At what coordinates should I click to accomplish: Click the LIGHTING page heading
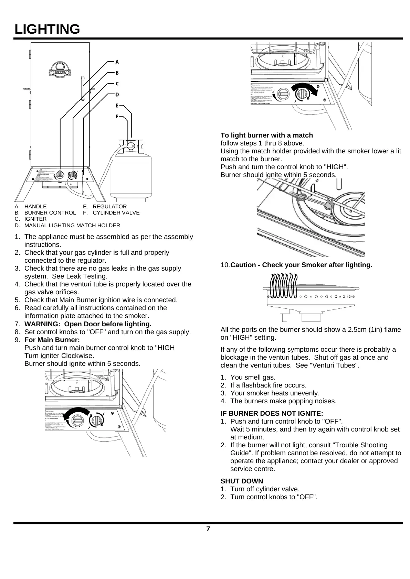47,29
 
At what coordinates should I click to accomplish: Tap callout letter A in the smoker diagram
117,62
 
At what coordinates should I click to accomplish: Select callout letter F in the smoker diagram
117,117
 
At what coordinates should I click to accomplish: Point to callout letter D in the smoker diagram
117,94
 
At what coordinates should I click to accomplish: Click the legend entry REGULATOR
109,206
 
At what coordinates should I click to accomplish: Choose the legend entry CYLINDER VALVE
116,213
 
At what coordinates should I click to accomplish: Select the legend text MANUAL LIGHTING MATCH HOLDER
72,226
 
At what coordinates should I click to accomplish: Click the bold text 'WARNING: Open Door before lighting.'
88,324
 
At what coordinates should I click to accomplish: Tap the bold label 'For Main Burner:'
52,340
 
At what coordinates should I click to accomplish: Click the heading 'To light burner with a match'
267,135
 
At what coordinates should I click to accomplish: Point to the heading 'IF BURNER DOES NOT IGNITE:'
272,413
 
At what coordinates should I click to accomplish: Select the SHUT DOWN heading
242,481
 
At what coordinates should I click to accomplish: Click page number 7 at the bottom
208,529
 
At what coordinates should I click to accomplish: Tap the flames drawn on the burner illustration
284,285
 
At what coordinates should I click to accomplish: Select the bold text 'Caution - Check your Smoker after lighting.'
301,265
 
